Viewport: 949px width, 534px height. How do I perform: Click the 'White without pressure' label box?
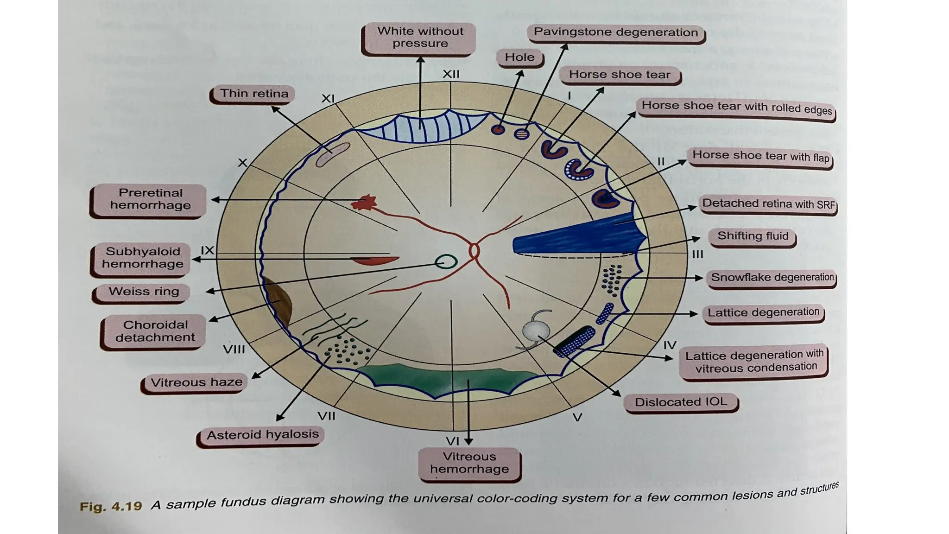pos(420,38)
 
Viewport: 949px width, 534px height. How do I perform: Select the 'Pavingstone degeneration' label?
pos(615,32)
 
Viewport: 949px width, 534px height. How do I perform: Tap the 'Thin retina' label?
pos(254,94)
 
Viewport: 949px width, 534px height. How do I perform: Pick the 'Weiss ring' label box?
pos(143,292)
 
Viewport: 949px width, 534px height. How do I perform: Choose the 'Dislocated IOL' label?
pos(680,402)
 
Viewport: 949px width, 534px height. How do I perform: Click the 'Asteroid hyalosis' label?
pos(262,435)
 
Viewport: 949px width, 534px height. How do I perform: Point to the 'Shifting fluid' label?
pos(753,236)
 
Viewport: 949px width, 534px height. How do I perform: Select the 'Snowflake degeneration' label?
pos(772,278)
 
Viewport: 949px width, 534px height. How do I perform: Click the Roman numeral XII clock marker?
pos(451,74)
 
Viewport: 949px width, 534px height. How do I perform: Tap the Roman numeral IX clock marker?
pos(207,251)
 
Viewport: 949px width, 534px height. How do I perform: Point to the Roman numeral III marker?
pos(697,254)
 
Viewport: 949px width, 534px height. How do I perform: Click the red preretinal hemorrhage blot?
pos(364,203)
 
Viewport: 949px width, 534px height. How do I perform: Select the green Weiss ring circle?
pos(446,262)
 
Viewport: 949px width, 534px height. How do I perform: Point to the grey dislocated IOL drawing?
pos(536,331)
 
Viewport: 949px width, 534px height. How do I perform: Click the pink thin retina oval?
pos(333,154)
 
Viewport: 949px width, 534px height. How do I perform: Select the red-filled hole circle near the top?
pos(498,129)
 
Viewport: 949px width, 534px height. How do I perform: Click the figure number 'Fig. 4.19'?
pos(111,506)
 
